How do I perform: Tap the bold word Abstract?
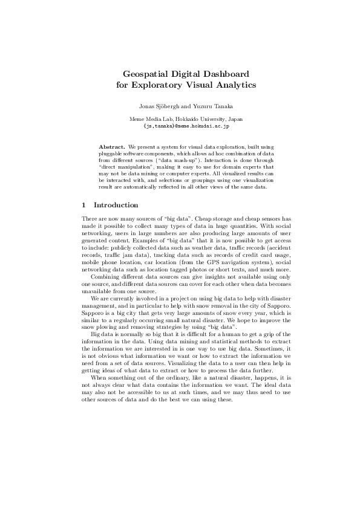[112, 147]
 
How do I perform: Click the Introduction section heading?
[116, 205]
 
